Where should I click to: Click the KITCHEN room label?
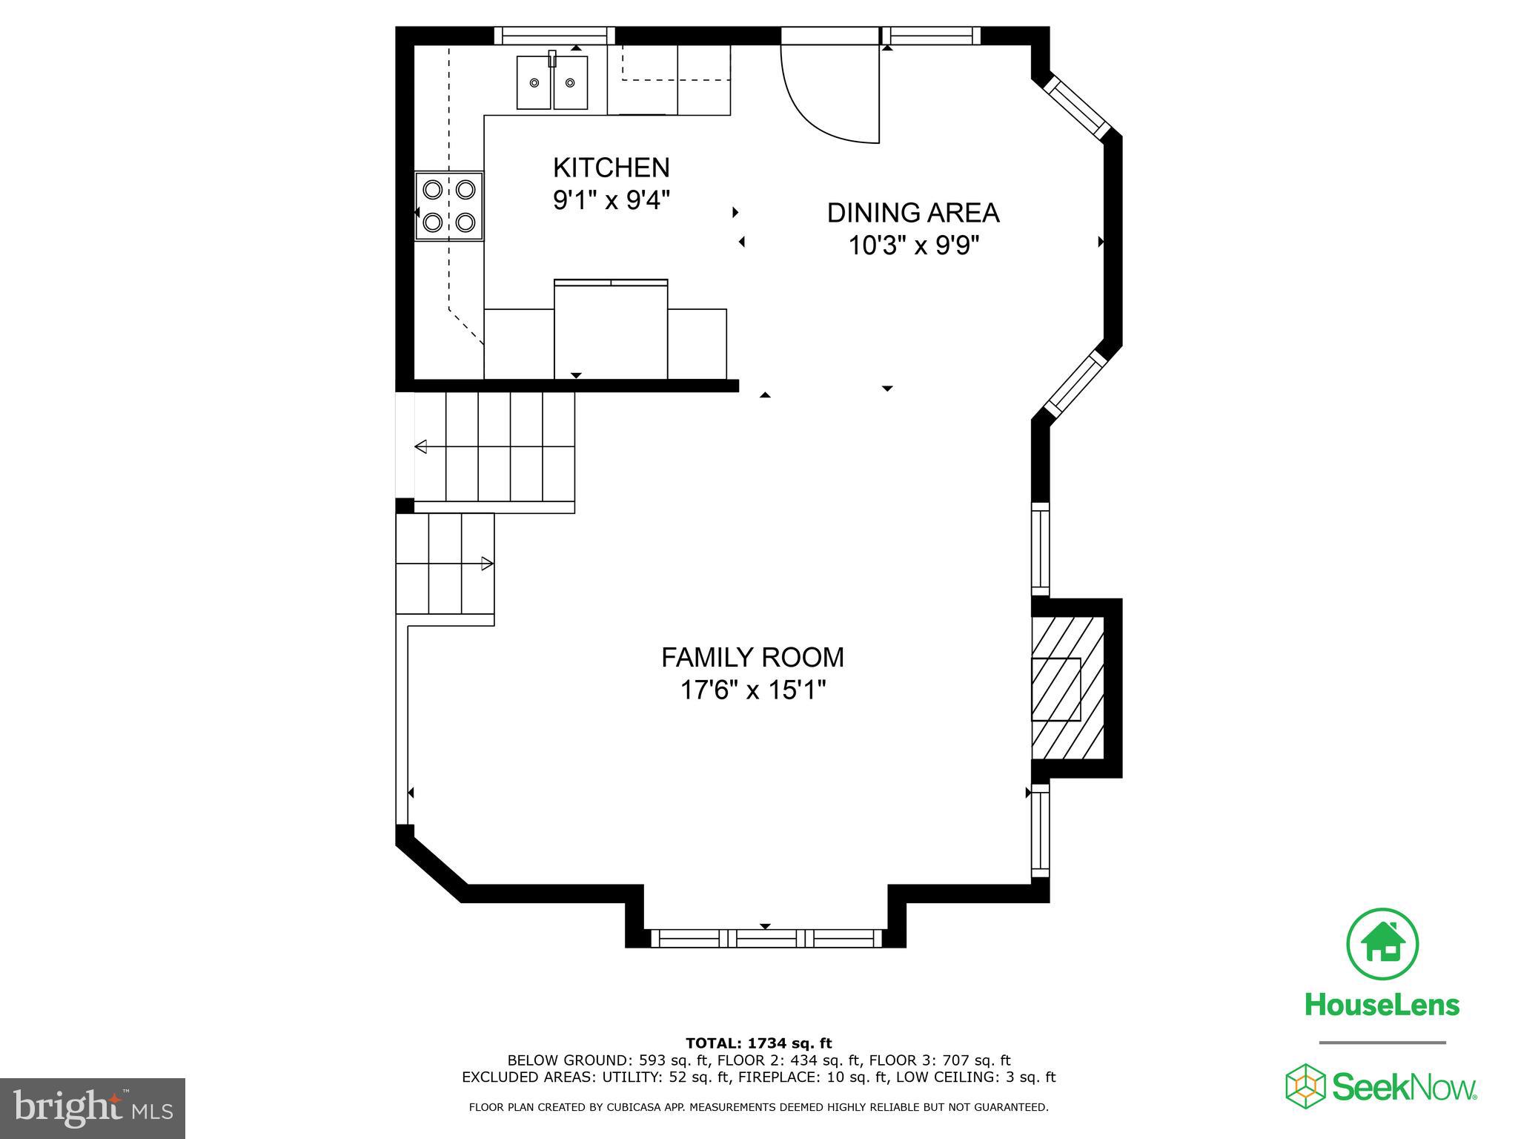click(611, 168)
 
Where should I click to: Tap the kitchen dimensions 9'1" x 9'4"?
click(611, 200)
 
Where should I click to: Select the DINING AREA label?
click(912, 213)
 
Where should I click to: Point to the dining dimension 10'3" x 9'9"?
click(913, 245)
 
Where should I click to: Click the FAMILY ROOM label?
click(752, 658)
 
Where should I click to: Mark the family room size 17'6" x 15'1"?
click(752, 690)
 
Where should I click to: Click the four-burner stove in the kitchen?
click(449, 205)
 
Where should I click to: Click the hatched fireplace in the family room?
click(1067, 688)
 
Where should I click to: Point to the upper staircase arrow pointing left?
click(421, 446)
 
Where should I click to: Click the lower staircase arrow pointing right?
click(487, 564)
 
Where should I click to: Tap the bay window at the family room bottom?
click(766, 938)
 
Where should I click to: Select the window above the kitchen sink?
click(554, 36)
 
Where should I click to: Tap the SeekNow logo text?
click(1403, 1089)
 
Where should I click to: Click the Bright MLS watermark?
click(93, 1108)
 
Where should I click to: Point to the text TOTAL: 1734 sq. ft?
click(758, 1043)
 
